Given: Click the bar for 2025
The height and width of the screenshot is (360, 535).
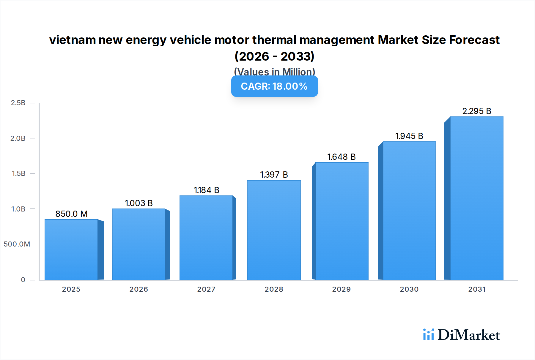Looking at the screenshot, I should (71, 250).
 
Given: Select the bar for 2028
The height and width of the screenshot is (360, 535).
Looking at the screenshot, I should (274, 230).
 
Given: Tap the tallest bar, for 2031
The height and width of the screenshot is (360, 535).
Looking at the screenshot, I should (476, 198).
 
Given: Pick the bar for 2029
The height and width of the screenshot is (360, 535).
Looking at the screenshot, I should (342, 221).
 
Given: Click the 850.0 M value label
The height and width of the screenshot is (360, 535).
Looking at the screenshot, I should (71, 214).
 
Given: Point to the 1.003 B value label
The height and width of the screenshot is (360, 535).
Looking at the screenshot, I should (139, 203).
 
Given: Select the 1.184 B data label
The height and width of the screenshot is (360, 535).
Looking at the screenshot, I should (206, 190).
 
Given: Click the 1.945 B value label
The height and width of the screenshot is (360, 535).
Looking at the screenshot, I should (409, 136).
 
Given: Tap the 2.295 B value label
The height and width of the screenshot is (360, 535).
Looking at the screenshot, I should (476, 111).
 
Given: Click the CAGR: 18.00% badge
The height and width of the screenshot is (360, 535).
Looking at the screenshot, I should (274, 86).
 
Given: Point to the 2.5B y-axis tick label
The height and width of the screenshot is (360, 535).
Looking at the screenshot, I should (18, 103).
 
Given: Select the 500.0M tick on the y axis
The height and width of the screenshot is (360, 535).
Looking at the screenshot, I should (17, 244).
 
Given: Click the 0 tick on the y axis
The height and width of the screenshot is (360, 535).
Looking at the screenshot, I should (23, 280).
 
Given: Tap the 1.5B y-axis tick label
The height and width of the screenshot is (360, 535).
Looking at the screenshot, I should (18, 173).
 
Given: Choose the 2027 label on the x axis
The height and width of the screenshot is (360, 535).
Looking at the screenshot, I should (206, 289).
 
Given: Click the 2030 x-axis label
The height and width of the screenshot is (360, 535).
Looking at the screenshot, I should (409, 289).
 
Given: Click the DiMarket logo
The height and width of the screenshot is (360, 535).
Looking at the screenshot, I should (462, 335).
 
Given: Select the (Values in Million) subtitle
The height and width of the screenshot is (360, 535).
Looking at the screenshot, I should (274, 72).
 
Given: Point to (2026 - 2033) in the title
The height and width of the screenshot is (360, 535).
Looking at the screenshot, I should (274, 56).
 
